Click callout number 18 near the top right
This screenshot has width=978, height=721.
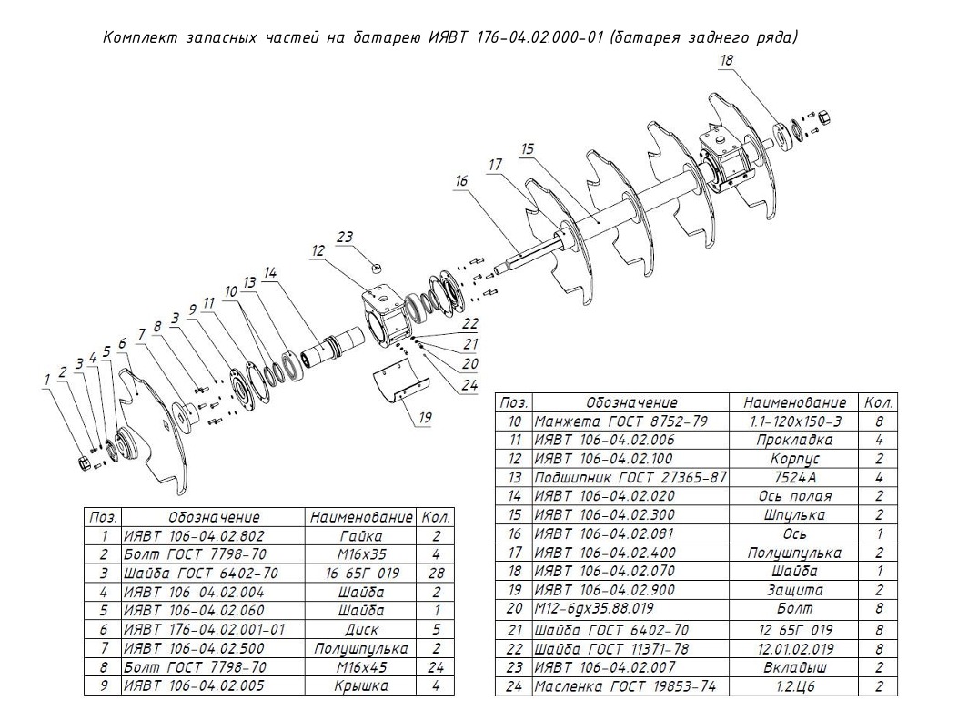(726, 61)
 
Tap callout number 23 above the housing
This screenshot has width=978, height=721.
(345, 237)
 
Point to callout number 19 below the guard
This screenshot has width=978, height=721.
(425, 418)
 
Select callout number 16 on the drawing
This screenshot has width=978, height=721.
(461, 181)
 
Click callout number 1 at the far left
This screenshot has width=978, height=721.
(46, 378)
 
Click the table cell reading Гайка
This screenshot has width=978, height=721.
(359, 536)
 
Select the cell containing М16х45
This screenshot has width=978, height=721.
(359, 667)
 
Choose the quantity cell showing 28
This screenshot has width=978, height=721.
(435, 574)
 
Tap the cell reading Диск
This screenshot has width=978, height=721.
(359, 630)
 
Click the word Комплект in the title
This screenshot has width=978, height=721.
(140, 38)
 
